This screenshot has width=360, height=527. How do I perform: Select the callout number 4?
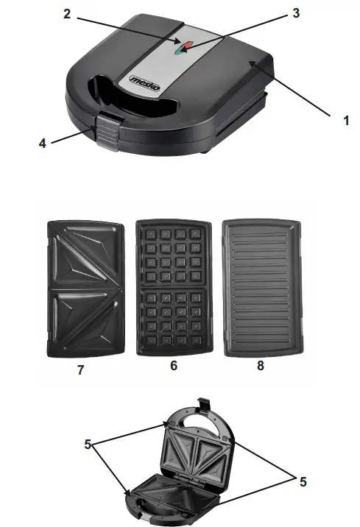click(42, 143)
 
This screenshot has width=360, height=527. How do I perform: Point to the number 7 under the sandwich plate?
click(81, 370)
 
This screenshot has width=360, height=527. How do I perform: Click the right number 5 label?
click(302, 482)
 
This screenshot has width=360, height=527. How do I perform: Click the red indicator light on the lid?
click(188, 49)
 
